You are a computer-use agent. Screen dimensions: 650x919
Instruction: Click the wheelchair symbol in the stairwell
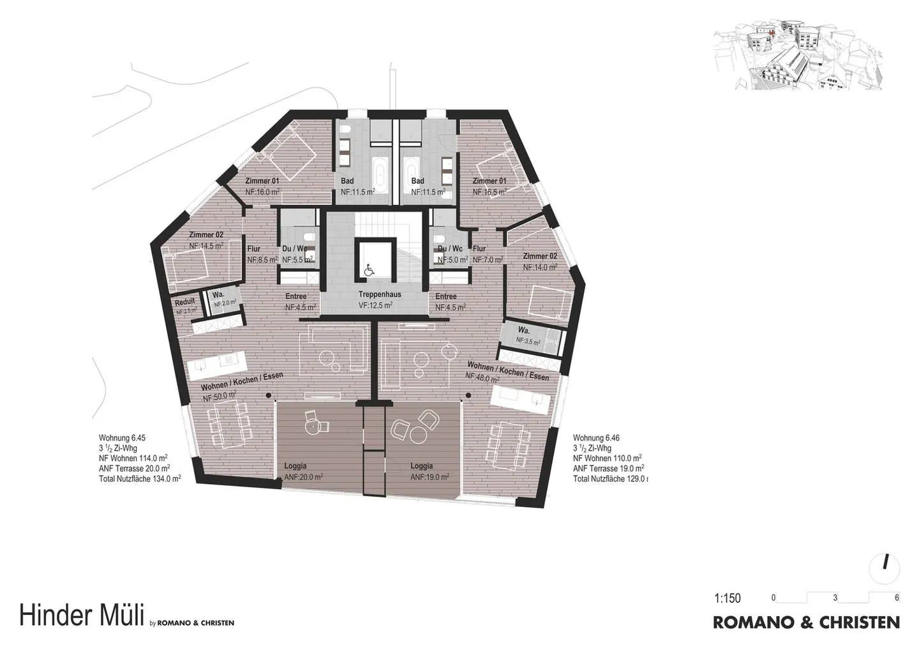click(x=369, y=271)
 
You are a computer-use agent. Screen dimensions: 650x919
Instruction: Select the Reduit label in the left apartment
click(x=185, y=303)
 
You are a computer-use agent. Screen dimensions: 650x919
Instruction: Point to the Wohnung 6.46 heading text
click(x=596, y=438)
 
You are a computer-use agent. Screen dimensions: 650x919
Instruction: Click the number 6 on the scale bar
click(x=897, y=598)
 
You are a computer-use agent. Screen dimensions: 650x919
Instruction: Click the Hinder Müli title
click(x=80, y=616)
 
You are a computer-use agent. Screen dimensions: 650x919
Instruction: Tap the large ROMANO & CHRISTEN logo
click(x=806, y=622)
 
